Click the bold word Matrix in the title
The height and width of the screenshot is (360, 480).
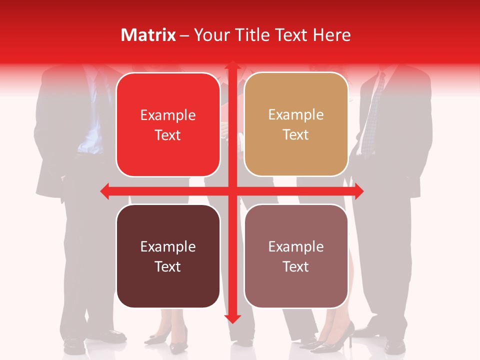(148, 35)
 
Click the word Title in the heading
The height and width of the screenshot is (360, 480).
(252, 35)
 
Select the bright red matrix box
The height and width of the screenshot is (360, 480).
(168, 124)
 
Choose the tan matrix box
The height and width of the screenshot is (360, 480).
(296, 124)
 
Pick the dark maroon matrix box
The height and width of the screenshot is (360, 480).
(168, 256)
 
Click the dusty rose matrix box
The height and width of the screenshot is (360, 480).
(296, 256)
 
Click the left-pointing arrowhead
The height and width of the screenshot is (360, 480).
(105, 191)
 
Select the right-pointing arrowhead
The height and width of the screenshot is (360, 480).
(359, 191)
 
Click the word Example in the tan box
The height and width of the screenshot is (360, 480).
(296, 115)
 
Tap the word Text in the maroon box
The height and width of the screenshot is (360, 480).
(168, 266)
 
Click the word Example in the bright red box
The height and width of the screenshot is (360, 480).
(168, 115)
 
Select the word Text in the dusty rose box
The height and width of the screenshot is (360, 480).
(296, 266)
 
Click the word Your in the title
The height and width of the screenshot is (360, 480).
(210, 35)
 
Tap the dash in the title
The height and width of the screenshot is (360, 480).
(184, 35)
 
